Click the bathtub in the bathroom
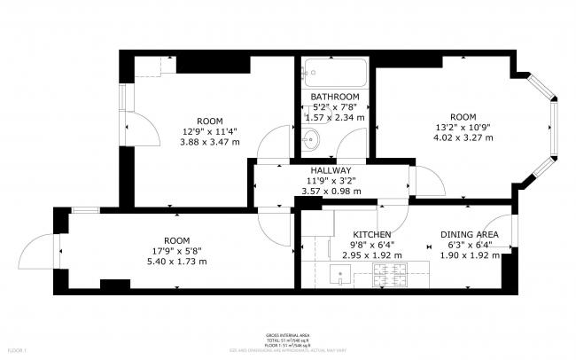333,73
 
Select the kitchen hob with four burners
391,278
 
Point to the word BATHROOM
334,97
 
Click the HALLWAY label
331,170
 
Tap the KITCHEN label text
371,235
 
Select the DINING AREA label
470,235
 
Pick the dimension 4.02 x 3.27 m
463,138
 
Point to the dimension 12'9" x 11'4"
209,132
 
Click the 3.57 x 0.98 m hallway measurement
331,192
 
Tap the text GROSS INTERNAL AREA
287,335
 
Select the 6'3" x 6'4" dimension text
470,246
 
